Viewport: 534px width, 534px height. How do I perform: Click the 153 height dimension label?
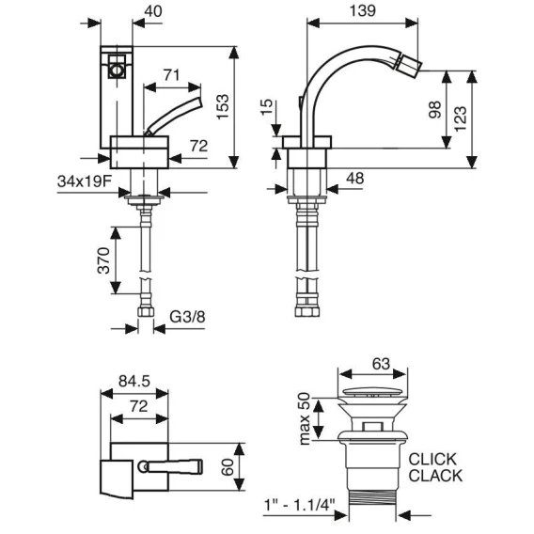223,106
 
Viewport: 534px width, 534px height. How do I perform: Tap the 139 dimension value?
363,11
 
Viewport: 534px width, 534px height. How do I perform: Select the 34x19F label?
85,181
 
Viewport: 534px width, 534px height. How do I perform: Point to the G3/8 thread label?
188,317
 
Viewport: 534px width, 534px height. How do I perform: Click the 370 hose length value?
103,260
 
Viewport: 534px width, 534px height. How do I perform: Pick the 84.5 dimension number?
134,381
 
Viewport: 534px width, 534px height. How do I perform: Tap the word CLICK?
432,460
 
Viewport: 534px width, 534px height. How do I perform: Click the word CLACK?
435,476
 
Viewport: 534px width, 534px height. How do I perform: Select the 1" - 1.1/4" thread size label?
300,504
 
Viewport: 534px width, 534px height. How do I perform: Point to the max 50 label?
305,419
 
